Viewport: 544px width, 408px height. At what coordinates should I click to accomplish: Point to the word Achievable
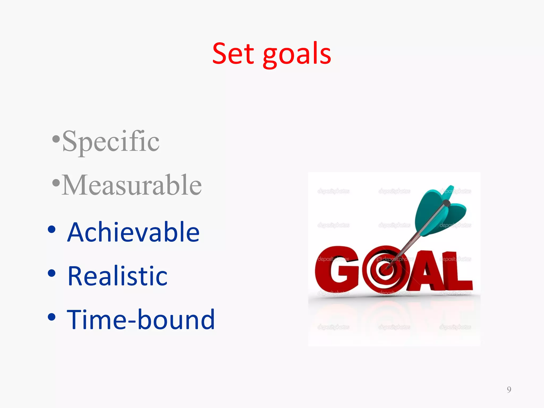(x=133, y=232)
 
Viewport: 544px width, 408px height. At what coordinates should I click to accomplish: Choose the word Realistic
(x=117, y=276)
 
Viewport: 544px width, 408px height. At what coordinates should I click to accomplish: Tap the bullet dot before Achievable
(x=52, y=229)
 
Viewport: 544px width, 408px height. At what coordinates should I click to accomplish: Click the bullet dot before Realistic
(x=52, y=273)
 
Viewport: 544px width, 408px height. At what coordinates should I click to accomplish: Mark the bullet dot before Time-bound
(x=52, y=317)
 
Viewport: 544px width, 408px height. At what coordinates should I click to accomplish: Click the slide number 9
(x=509, y=389)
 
